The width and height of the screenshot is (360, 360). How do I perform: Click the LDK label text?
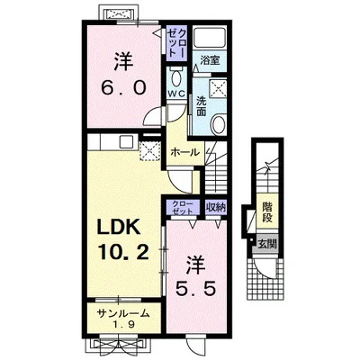tap(119, 229)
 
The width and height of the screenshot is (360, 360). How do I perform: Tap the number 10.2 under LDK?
tap(122, 252)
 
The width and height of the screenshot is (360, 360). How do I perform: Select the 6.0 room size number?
tap(123, 87)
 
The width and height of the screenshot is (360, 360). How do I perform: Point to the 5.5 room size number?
tap(195, 289)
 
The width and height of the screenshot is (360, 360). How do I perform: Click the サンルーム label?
tap(123, 313)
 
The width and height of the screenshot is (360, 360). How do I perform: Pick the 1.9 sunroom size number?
tap(123, 325)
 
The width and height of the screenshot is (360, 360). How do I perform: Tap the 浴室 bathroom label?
tap(210, 60)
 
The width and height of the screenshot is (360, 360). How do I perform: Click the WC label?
tap(176, 94)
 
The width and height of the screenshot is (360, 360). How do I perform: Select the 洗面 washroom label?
tap(201, 105)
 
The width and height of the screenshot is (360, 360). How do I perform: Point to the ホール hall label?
tap(184, 152)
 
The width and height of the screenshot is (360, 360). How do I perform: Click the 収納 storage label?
tap(216, 207)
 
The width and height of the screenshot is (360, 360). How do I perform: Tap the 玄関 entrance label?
tap(267, 244)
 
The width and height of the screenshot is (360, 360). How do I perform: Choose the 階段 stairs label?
tap(267, 212)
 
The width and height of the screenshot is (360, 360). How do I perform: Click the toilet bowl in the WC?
tap(176, 78)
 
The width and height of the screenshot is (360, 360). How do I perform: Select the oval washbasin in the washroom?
tap(218, 125)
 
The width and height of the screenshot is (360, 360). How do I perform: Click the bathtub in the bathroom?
tap(210, 39)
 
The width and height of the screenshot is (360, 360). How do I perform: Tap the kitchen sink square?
tap(125, 142)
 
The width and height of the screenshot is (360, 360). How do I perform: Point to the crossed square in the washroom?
tap(219, 88)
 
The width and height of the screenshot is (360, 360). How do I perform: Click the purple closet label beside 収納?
tap(183, 208)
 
